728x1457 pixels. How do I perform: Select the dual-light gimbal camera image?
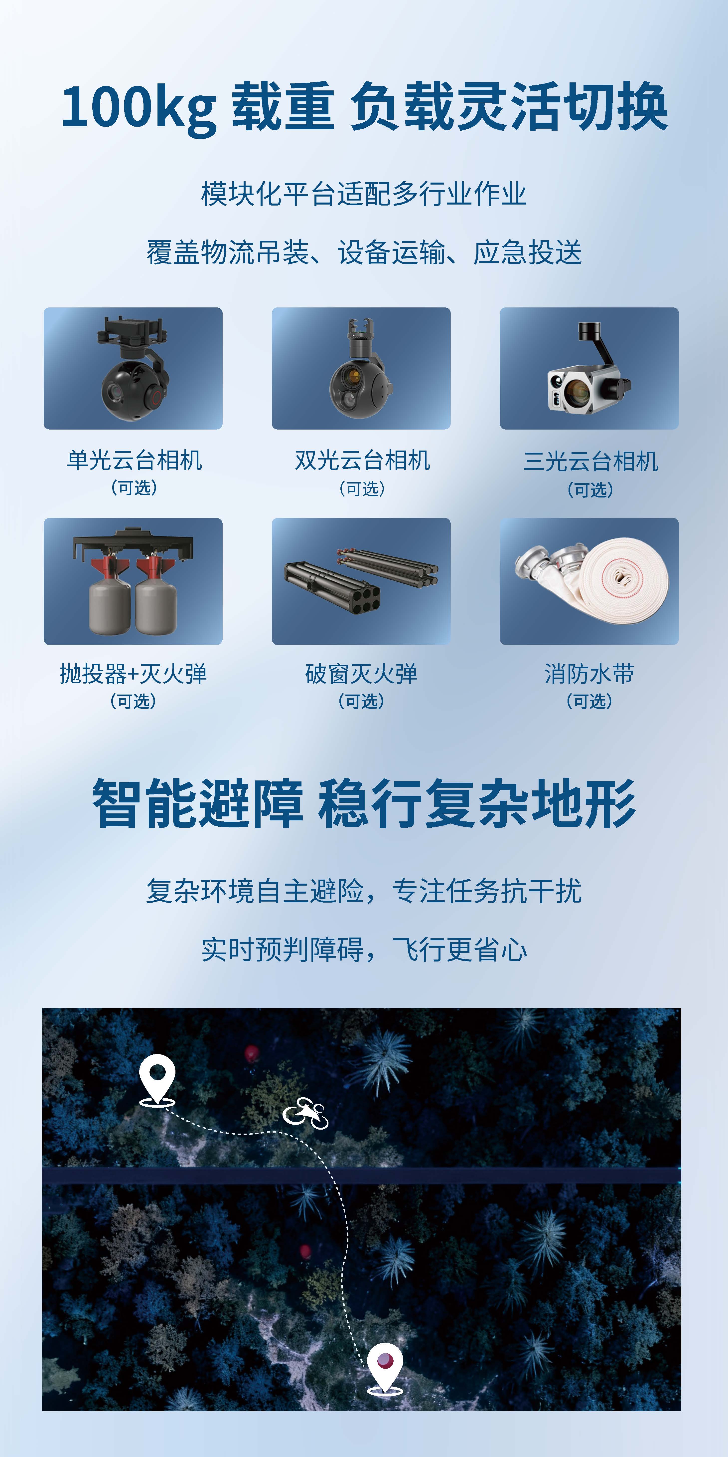[361, 368]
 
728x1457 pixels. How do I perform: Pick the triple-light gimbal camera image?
[589, 368]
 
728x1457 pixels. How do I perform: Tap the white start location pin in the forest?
[157, 1079]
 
